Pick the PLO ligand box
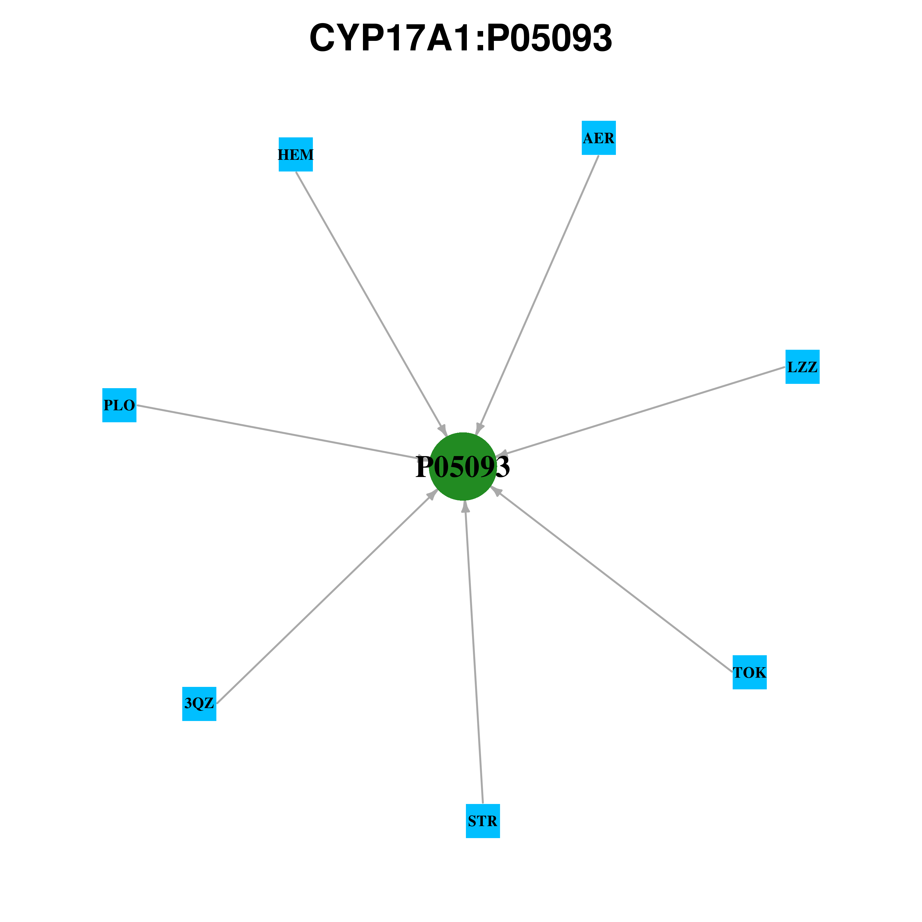[119, 405]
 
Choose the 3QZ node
[199, 703]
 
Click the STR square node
[483, 821]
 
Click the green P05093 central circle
[463, 466]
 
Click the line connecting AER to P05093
[537, 295]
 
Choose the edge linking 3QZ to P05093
[326, 597]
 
